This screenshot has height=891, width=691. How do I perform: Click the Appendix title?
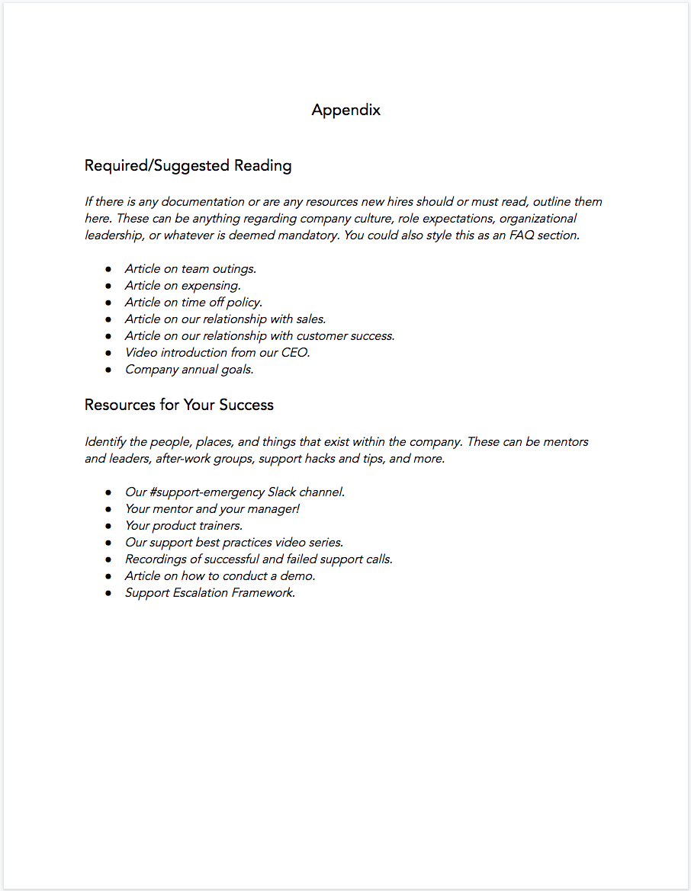point(345,110)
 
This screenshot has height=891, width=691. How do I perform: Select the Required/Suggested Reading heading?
point(188,165)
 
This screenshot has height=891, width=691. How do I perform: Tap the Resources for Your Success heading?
point(178,405)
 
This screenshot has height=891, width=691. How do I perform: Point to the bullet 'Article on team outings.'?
point(191,268)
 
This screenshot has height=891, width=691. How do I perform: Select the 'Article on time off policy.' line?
point(194,302)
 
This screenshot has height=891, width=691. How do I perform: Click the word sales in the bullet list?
point(310,319)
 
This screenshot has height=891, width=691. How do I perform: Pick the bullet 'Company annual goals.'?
point(189,369)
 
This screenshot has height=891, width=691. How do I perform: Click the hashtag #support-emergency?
point(207,492)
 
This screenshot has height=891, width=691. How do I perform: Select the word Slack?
point(284,492)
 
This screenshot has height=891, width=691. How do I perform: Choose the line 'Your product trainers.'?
point(184,525)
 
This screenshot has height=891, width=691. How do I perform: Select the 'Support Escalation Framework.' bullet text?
point(210,592)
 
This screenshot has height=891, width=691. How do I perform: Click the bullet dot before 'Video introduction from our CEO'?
point(109,353)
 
